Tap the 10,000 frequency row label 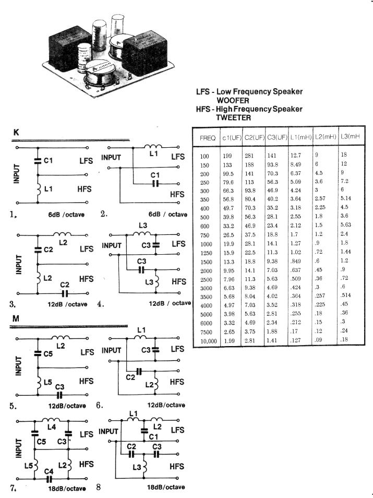(208, 340)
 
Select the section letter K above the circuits (17, 134)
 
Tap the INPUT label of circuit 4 (112, 245)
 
